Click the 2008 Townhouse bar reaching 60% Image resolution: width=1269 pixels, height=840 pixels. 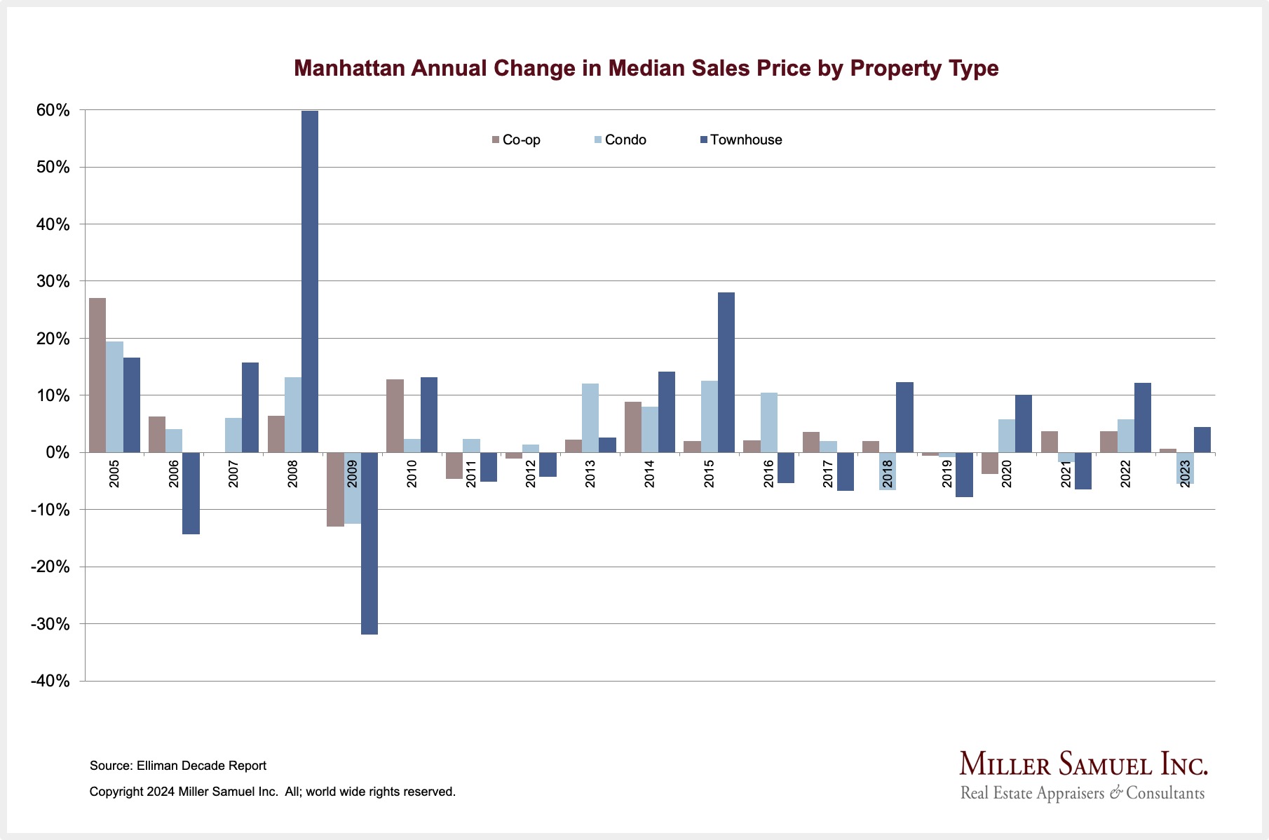coord(309,280)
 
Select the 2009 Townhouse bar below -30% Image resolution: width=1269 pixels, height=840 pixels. coord(369,543)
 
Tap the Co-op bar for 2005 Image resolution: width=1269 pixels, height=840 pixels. coord(97,375)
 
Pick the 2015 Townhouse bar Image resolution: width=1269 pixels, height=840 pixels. coord(726,372)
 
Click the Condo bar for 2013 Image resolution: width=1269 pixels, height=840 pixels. coord(590,418)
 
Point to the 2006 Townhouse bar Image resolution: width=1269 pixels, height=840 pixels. coord(191,493)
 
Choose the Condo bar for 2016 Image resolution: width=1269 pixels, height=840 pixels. coord(768,422)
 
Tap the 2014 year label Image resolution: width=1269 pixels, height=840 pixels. coord(650,474)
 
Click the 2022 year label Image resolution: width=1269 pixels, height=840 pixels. coord(1126,474)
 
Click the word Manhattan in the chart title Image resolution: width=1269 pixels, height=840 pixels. coord(350,68)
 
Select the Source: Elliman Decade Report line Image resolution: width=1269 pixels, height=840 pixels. coord(178,766)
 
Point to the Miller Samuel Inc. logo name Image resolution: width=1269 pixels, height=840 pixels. coord(1083,764)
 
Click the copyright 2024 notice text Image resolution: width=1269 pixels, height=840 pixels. coord(272,792)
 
